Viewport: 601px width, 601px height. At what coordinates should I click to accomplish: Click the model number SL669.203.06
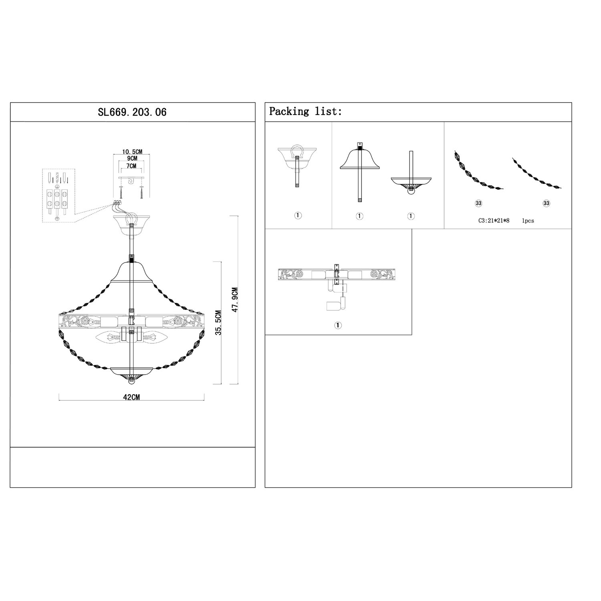(x=132, y=112)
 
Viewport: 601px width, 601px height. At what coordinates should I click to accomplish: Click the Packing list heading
(x=306, y=111)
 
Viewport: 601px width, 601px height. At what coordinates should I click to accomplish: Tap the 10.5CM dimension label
(x=132, y=152)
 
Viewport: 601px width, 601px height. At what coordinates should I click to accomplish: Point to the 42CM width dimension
(x=131, y=397)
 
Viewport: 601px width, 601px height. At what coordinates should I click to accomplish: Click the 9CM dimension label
(x=132, y=159)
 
